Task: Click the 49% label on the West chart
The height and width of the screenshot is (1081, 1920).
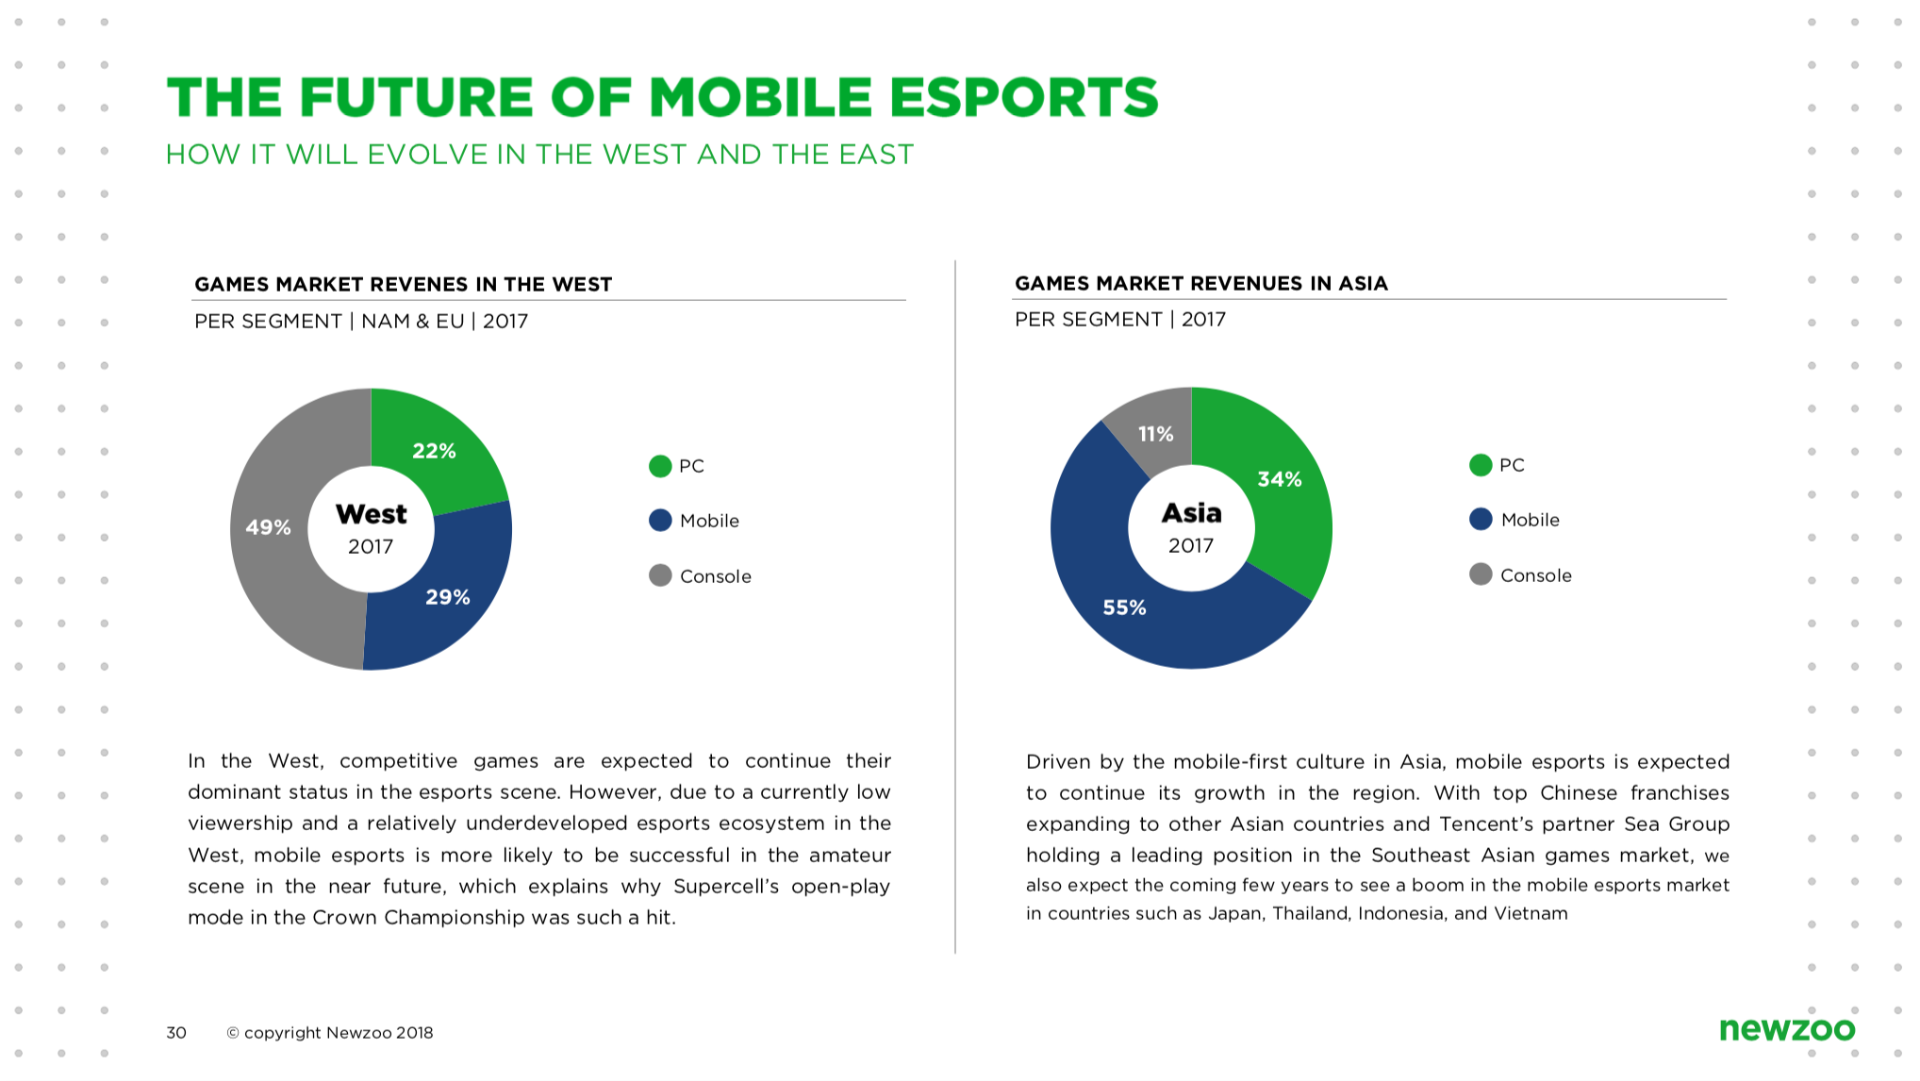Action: click(268, 527)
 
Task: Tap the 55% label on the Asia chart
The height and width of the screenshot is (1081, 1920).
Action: click(1124, 607)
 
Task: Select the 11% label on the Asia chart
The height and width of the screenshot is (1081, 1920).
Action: click(1155, 434)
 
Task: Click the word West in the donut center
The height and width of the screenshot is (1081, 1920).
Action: click(371, 514)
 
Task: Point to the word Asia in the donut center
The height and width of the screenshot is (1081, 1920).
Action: click(1191, 513)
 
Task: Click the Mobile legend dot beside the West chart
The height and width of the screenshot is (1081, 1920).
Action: click(660, 521)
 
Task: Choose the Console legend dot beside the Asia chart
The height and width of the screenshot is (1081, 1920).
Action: click(1481, 574)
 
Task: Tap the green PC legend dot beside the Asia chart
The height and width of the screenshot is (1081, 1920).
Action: click(1481, 465)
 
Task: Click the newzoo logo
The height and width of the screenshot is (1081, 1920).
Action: click(1786, 1029)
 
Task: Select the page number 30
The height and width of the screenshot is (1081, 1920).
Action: click(176, 1033)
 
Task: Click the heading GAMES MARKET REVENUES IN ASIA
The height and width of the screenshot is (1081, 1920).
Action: click(1200, 283)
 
